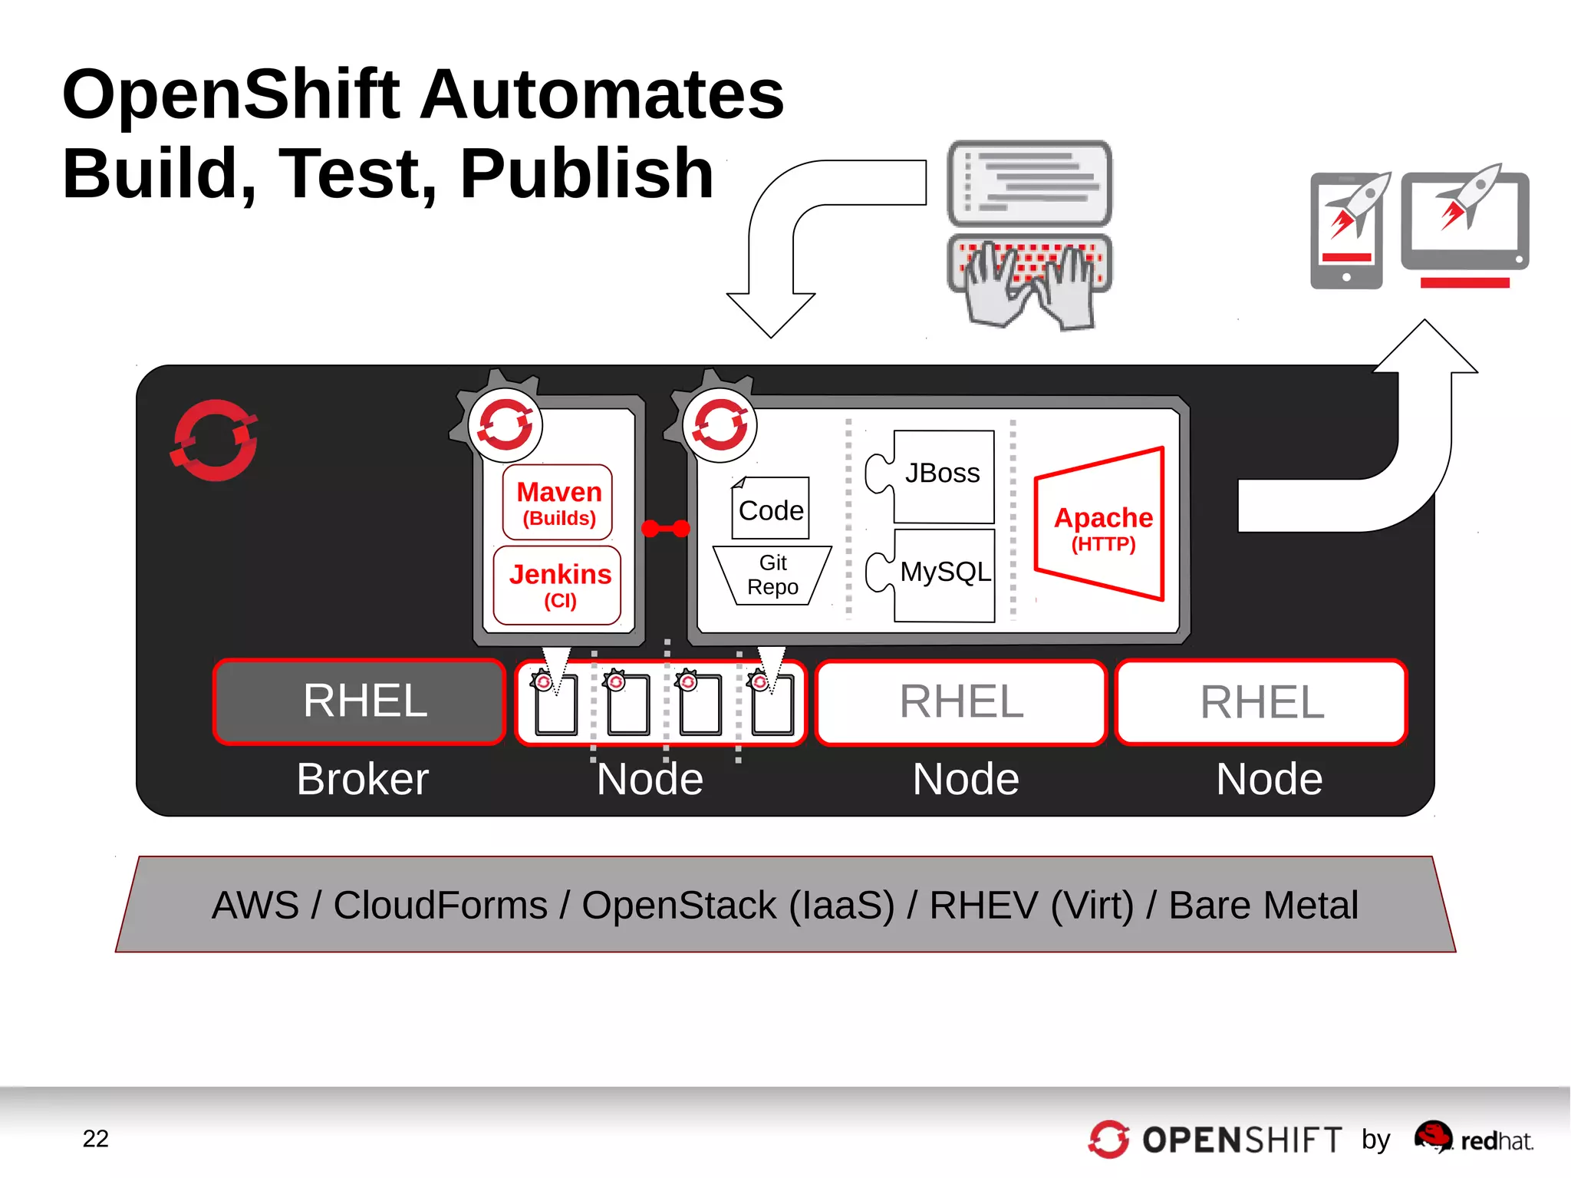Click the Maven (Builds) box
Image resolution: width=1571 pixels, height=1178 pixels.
point(558,503)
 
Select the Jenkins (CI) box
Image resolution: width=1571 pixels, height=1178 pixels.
point(558,586)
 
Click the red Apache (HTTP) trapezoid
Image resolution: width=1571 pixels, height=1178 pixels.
point(1102,525)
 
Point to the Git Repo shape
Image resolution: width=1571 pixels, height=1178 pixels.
point(772,576)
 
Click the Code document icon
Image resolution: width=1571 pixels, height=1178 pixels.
point(770,509)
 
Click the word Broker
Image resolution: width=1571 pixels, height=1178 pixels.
point(362,780)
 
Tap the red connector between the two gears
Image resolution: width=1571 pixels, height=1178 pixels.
point(665,529)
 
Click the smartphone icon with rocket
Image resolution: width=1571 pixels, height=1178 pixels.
point(1348,230)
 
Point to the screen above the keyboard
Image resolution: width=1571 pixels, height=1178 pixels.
point(1029,183)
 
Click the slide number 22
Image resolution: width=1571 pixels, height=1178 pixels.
point(95,1138)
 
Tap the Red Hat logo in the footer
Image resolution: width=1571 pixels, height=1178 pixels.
point(1473,1139)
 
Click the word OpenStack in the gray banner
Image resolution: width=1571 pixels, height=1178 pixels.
point(679,906)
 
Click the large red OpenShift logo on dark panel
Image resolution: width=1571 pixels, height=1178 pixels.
point(214,441)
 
